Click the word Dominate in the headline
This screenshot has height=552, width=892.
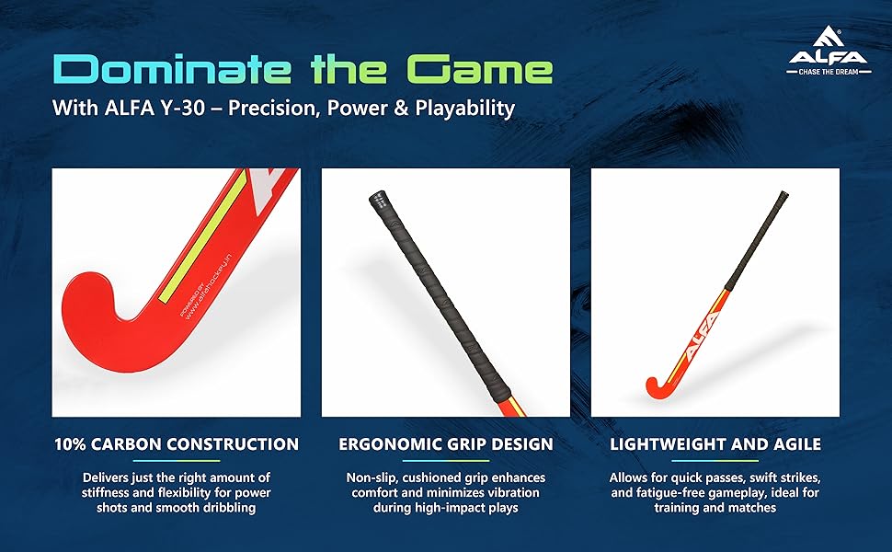click(x=172, y=70)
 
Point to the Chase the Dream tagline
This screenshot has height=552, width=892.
click(x=829, y=72)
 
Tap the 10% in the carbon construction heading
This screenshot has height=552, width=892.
click(x=70, y=443)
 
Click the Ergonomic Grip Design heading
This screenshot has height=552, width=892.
click(x=445, y=443)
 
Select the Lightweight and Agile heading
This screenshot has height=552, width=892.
click(x=715, y=443)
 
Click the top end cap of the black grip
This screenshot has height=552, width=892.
click(x=378, y=200)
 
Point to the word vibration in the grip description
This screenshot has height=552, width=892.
click(x=510, y=492)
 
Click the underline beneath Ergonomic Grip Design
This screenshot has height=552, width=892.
click(x=445, y=461)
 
